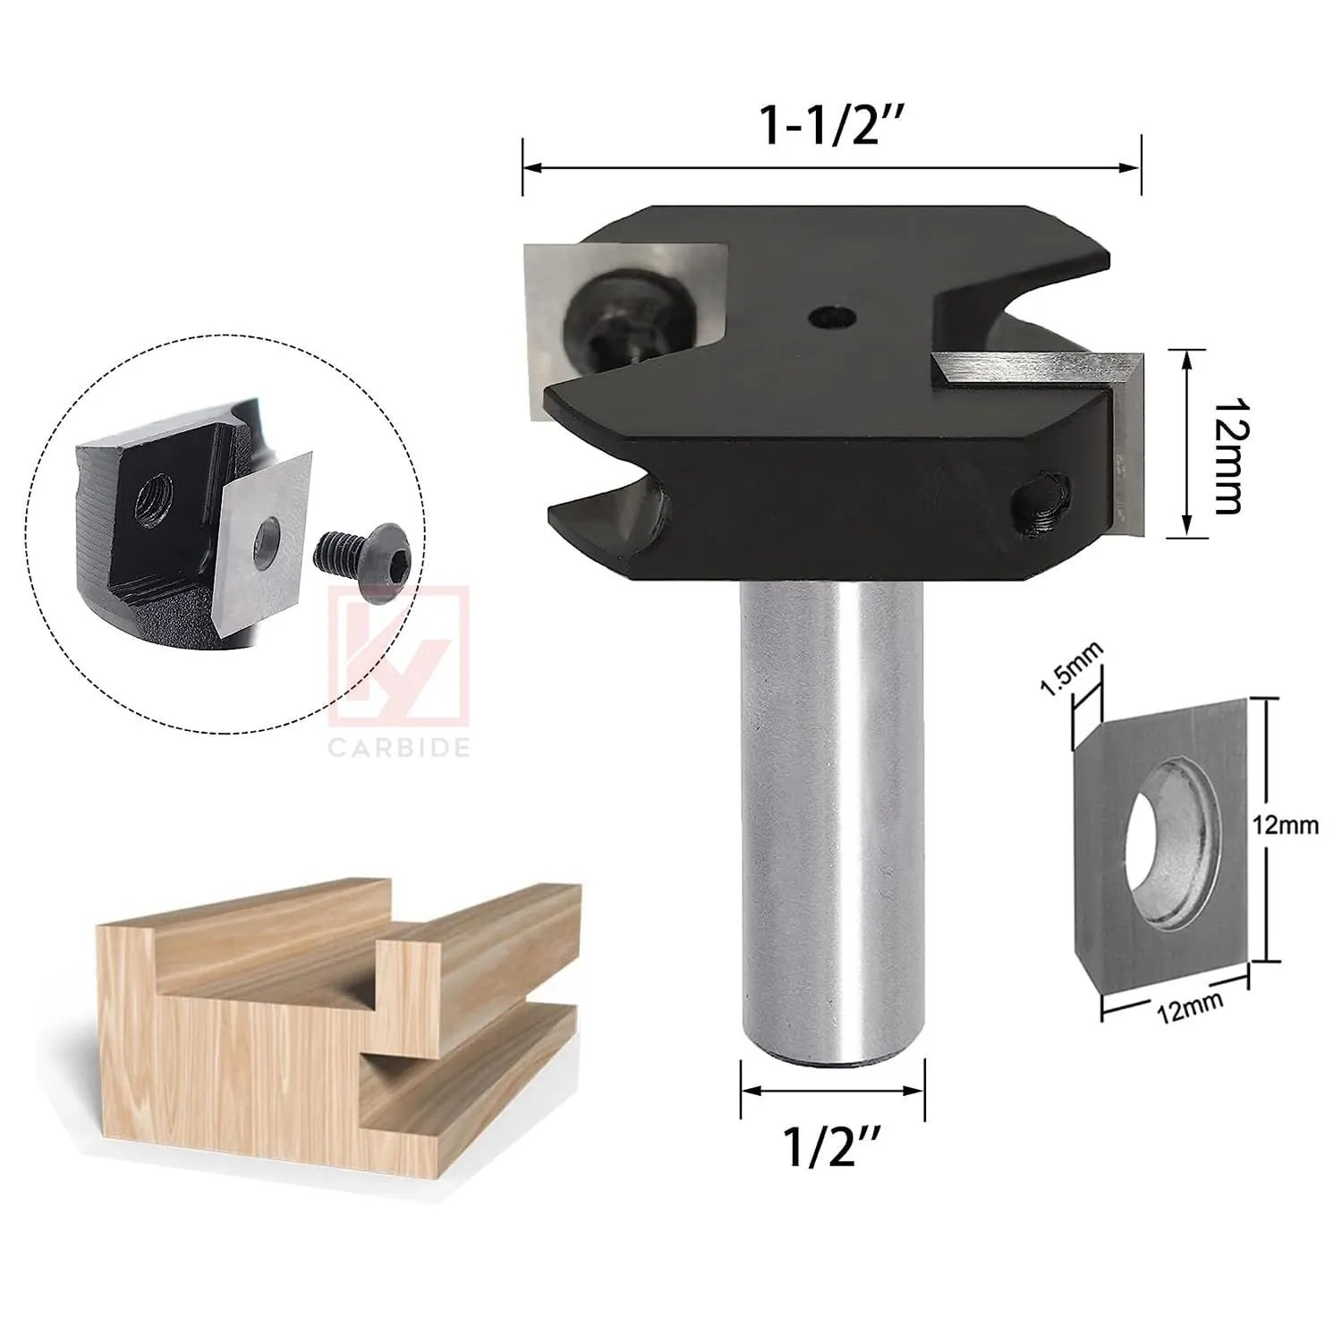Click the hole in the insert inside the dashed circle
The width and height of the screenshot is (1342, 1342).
point(267,542)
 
